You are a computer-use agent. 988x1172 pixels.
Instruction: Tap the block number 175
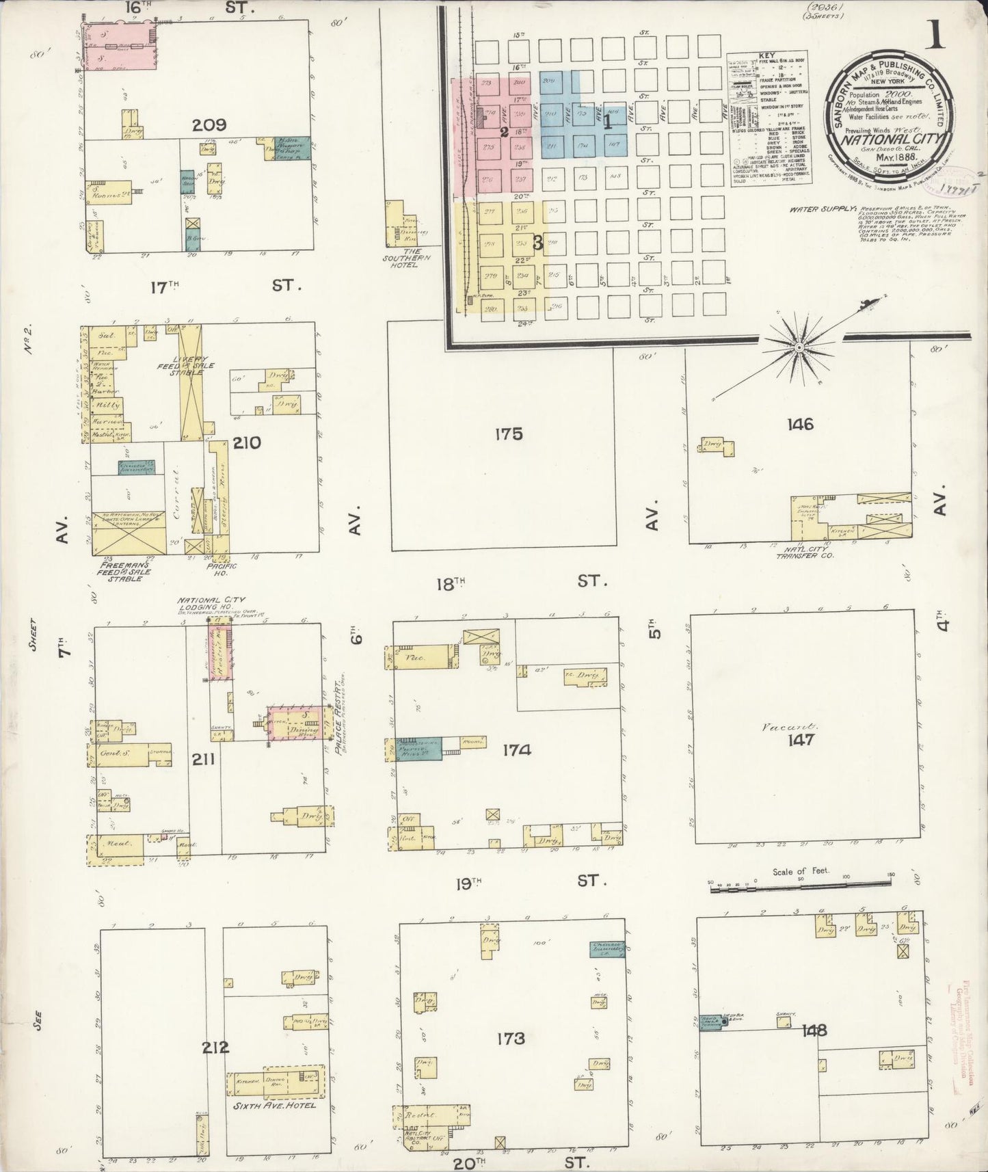[509, 434]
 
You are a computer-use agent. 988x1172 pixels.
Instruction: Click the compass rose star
[798, 348]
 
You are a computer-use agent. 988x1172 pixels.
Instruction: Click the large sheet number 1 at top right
[935, 34]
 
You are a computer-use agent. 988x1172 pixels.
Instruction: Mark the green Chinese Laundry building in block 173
[606, 949]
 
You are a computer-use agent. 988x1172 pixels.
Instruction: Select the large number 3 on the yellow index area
[538, 242]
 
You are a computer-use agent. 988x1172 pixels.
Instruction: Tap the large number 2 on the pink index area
[503, 133]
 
